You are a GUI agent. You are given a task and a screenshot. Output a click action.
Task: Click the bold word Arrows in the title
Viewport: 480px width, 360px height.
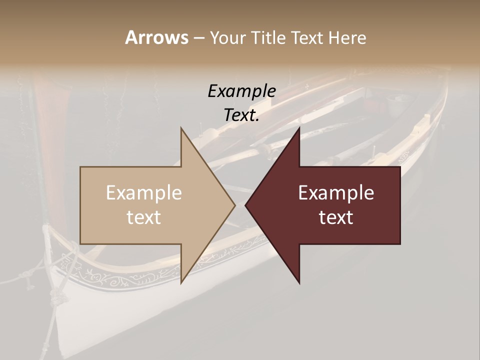click(x=156, y=37)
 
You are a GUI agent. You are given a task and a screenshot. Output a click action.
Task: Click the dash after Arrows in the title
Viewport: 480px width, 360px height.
click(x=198, y=38)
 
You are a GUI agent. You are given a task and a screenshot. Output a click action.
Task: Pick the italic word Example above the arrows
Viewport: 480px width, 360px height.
click(x=241, y=91)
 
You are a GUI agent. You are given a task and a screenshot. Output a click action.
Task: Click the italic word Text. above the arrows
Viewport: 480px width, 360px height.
click(x=241, y=115)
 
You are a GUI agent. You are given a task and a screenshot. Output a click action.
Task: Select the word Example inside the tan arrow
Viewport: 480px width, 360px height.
click(x=143, y=193)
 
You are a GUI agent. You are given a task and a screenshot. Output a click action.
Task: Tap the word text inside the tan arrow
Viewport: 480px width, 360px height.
click(x=143, y=217)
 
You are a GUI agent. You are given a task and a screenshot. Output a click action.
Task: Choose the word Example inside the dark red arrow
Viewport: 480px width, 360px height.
click(x=336, y=193)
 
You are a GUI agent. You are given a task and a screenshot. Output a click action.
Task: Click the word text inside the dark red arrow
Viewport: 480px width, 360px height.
click(x=336, y=217)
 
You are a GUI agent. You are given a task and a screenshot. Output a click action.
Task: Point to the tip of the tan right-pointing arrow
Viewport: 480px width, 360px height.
click(x=235, y=205)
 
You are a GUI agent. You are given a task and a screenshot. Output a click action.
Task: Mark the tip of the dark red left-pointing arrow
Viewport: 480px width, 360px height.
click(x=245, y=205)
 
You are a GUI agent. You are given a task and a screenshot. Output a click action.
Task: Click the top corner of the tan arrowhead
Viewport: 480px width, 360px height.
click(x=181, y=127)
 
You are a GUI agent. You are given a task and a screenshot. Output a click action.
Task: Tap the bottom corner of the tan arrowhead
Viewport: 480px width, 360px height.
click(x=181, y=283)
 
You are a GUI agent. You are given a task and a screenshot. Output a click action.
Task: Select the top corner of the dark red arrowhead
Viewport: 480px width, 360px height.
click(x=299, y=127)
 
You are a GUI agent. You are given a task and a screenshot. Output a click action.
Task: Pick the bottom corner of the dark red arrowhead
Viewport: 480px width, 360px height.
click(x=299, y=283)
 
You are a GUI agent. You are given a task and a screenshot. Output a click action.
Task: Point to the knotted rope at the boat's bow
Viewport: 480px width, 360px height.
click(x=53, y=250)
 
